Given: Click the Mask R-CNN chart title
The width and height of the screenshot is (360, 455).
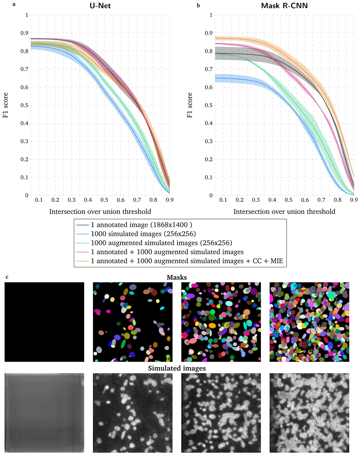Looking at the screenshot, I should coord(284,6).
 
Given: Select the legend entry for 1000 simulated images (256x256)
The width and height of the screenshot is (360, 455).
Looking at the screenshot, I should coord(143,234).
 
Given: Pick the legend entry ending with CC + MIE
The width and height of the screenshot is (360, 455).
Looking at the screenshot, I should coord(187,261).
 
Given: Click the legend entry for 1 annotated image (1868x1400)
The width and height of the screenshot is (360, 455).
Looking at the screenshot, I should coord(141,225).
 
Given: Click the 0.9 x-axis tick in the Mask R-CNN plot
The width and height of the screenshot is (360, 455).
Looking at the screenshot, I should coord(354,200).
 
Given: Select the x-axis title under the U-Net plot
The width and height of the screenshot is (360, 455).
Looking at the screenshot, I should coord(100,211).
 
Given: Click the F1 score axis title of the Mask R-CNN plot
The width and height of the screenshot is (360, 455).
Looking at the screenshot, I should coord(190,105).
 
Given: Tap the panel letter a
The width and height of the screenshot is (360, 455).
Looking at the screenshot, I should coord(13,5).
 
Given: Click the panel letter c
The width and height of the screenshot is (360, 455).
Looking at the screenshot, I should coord(7,277).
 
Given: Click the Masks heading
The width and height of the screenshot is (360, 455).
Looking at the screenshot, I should coord(176,277).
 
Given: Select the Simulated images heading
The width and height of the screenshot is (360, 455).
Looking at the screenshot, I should coord(176,368).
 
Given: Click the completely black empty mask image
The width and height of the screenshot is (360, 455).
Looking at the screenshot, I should coord(44,322).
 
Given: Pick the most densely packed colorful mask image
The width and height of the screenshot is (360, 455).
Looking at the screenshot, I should coord(309,322).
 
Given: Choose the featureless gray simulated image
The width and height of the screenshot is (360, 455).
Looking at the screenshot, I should coord(44,413).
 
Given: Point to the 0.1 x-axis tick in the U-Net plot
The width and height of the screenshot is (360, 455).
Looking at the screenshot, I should coord(39,200).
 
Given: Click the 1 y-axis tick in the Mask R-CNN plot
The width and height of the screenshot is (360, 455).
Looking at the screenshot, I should coord(211,15).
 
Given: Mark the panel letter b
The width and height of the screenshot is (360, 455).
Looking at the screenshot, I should coord(198,5).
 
